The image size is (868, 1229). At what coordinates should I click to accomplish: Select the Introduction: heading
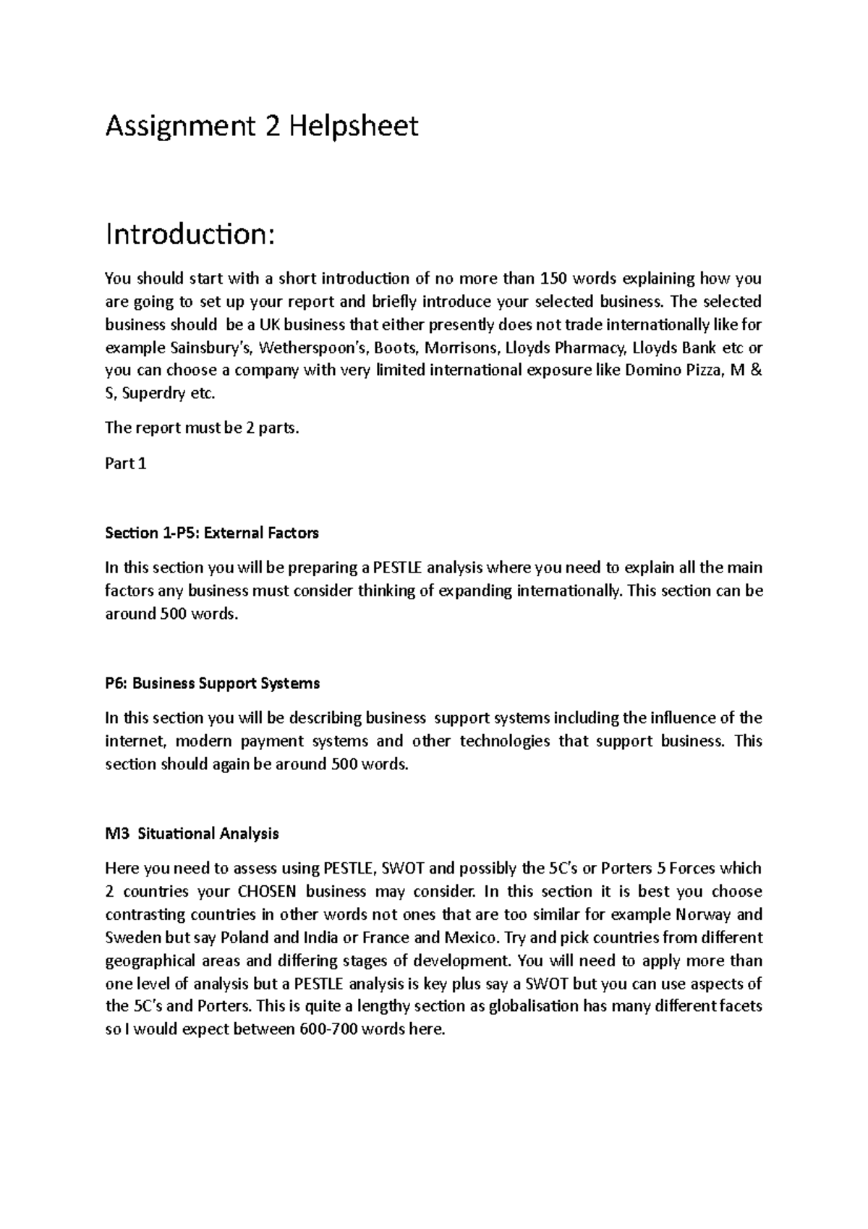(x=190, y=234)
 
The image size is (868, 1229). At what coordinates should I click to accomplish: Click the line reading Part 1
(x=126, y=464)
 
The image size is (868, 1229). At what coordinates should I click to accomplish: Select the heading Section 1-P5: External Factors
(x=212, y=533)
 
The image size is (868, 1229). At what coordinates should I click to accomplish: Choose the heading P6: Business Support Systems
(x=213, y=683)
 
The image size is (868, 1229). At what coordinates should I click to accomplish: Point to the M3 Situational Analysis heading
(x=192, y=834)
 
